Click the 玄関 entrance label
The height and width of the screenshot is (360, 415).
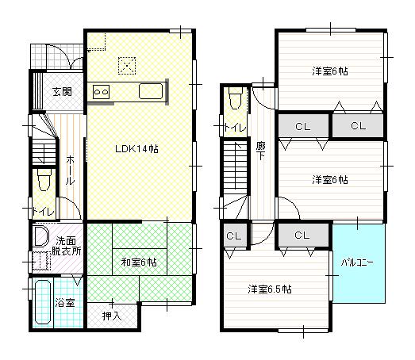63,92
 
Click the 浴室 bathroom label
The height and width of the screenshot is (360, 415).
65,303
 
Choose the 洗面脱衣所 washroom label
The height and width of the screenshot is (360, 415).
66,245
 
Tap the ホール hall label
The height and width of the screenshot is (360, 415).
70,169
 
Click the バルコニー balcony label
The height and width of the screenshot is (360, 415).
358,261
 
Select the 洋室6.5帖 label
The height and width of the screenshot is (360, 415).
268,289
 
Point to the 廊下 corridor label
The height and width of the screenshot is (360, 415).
261,151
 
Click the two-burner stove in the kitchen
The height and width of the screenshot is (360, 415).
101,92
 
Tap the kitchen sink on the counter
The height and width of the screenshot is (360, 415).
151,91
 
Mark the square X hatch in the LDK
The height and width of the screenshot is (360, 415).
126,65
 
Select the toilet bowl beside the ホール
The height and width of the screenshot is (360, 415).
43,182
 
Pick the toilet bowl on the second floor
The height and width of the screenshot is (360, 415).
234,99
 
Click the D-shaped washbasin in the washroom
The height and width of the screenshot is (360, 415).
40,237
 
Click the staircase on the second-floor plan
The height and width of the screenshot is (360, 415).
236,170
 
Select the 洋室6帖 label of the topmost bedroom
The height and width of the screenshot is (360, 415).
329,71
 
